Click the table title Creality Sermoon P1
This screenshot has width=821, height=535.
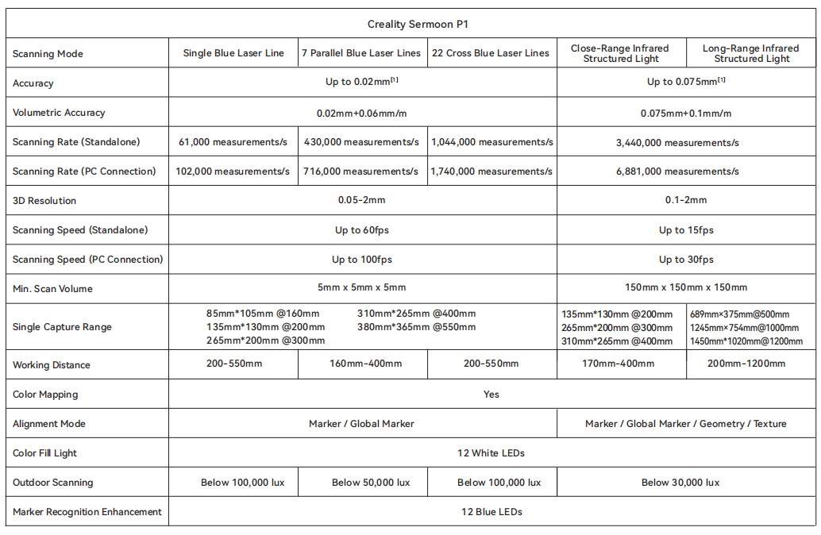coord(412,25)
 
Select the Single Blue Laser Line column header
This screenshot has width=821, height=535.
coord(233,54)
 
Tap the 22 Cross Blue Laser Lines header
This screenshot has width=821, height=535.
coord(491,54)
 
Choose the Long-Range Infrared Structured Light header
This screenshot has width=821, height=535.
coord(751,54)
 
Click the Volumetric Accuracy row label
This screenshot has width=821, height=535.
coord(59,113)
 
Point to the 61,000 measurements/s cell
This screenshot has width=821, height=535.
coord(233,142)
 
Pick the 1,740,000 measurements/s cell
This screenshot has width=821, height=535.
coord(491,171)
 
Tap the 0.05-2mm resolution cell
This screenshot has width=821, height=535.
coord(362,201)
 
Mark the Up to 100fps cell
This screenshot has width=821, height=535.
coord(362,260)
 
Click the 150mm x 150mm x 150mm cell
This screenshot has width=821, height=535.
coord(686,289)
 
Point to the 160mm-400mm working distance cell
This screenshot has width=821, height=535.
coord(362,364)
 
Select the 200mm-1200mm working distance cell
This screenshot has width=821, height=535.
coord(750,364)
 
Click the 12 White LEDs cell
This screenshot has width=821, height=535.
coord(491,453)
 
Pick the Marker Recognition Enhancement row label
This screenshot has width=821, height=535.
coord(87,512)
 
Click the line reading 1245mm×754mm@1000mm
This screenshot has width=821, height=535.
coord(745,328)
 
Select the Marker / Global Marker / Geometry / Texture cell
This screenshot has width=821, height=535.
coord(686,424)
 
